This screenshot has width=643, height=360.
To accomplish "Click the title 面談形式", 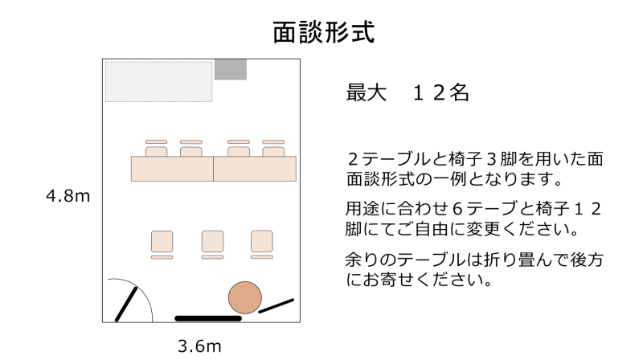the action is coord(324,32).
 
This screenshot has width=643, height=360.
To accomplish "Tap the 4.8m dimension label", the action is coord(68,196).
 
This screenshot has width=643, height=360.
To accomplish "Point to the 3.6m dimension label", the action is coord(199,346).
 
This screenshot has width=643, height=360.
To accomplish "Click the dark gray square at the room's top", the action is coord(231,69).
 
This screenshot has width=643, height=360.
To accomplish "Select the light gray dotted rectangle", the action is coord(158,82).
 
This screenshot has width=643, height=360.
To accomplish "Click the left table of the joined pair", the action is coord(172,169).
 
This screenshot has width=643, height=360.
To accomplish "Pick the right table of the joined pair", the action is coord(255,169).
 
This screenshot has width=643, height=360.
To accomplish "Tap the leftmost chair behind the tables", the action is coord(156,149).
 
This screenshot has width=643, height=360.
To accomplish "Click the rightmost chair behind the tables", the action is coord(273,149).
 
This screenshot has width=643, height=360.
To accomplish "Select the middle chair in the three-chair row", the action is coord(212,245).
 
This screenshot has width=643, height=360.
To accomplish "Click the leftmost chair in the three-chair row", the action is coord(162,245).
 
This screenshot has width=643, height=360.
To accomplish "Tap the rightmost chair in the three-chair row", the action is coord(262,245).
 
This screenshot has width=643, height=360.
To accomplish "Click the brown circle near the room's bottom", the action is coord(245,297).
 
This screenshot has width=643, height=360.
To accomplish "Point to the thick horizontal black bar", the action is coord(208,318).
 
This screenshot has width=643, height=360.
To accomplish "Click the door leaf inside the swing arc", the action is coord(126,305).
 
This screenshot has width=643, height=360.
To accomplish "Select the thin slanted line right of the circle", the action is coord(276,306).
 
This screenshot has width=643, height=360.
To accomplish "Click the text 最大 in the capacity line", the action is coord(367,92).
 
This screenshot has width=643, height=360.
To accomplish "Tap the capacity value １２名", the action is coord(440,92).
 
